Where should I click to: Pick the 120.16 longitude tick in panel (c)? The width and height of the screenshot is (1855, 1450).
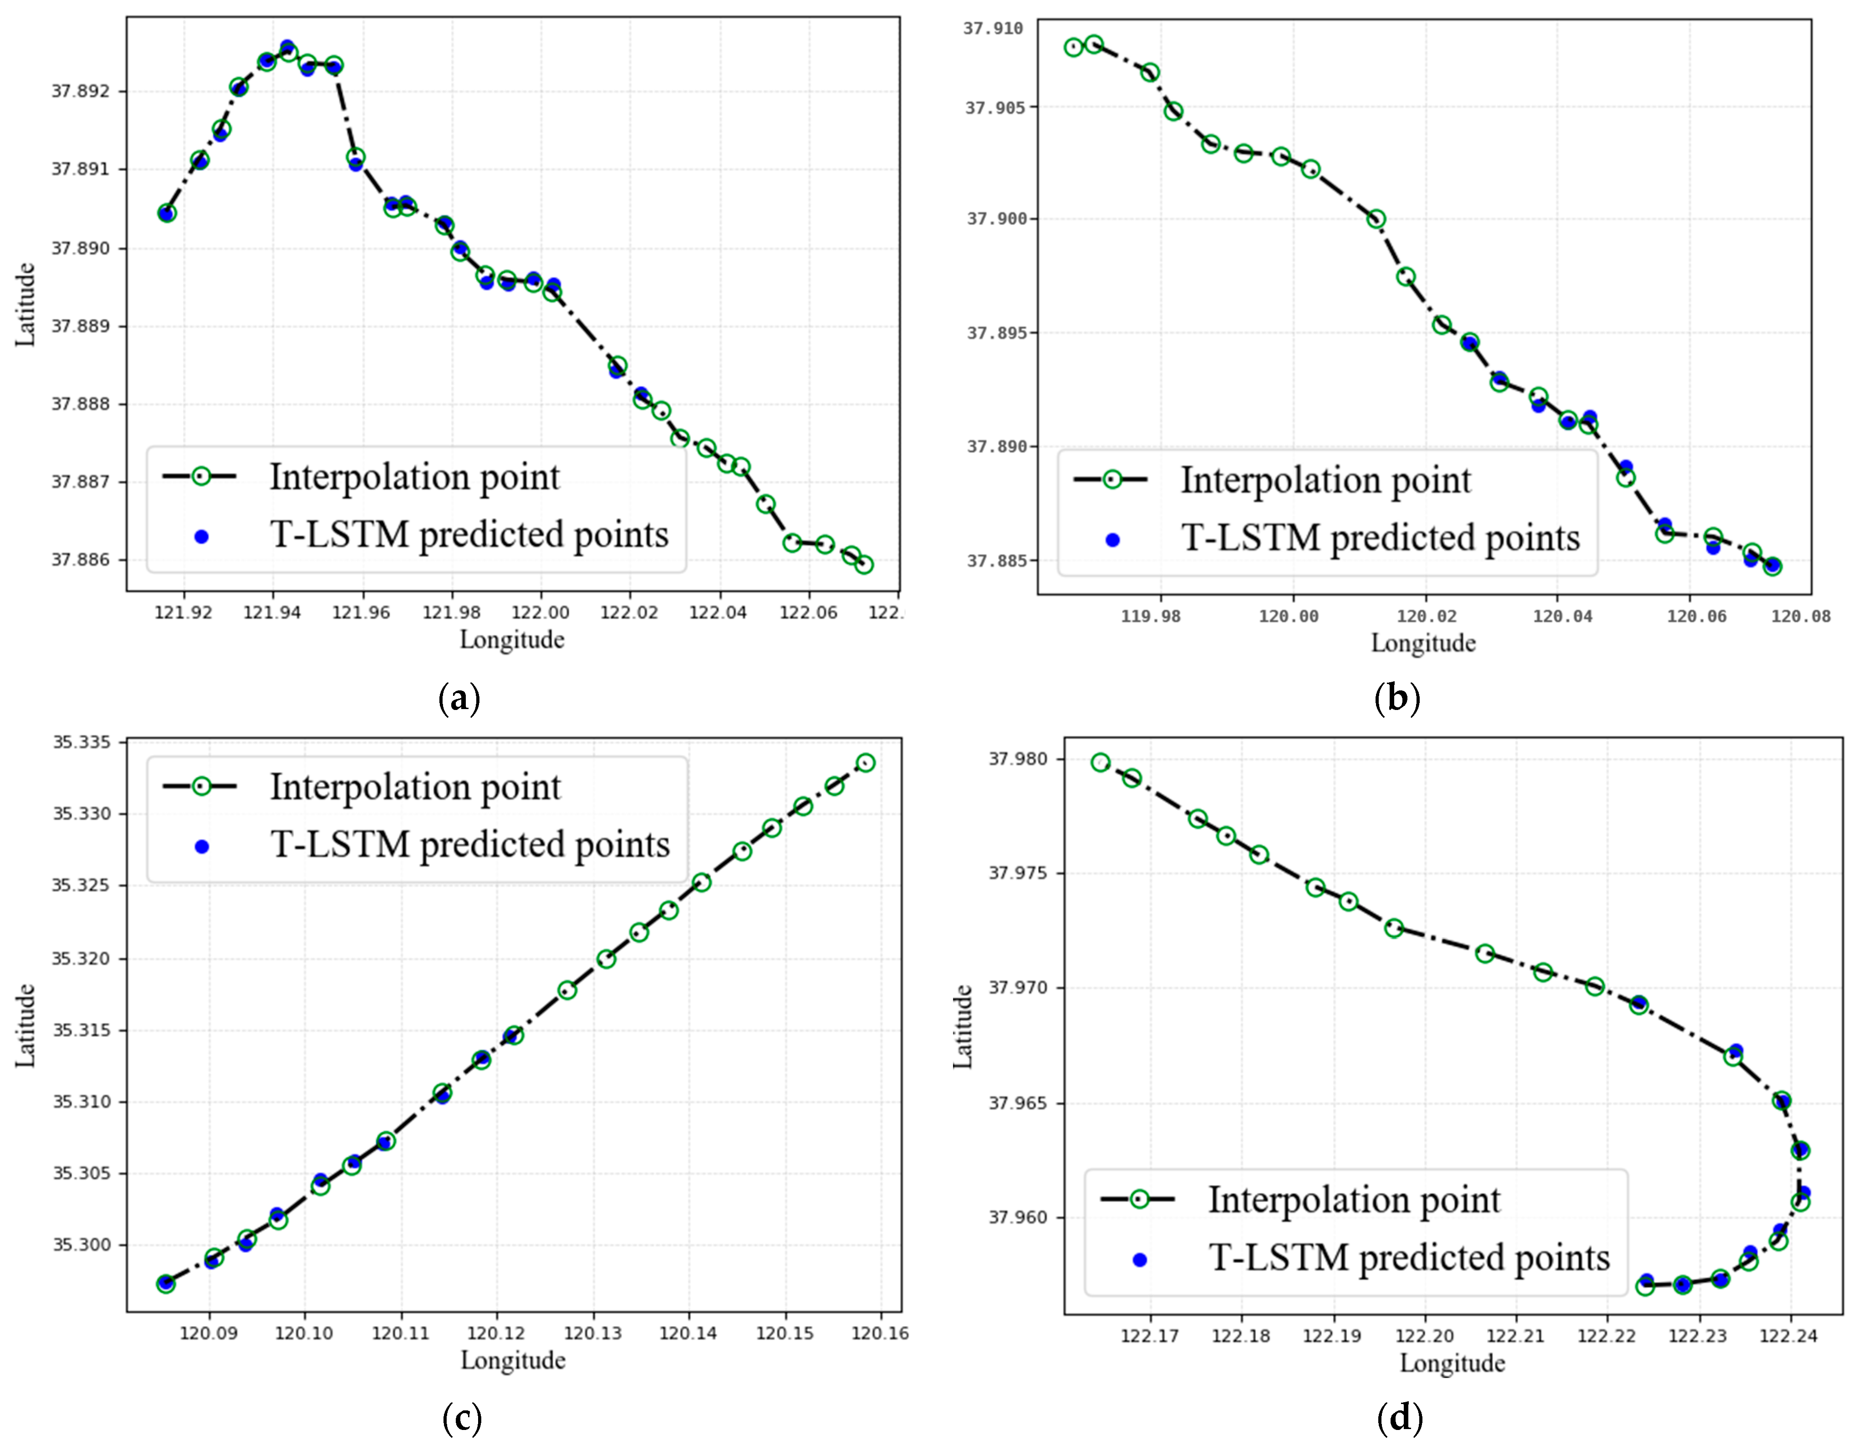click(880, 1333)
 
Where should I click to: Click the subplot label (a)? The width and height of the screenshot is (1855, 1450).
click(459, 698)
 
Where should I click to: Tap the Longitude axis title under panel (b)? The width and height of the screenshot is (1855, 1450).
click(1423, 643)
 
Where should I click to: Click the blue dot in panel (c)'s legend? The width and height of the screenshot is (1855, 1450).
click(201, 847)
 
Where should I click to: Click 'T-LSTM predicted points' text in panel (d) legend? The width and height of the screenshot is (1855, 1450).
click(1409, 1257)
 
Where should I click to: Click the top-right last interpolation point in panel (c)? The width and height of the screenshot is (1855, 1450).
click(866, 763)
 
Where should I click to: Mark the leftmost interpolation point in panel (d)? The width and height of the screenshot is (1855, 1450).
click(1101, 763)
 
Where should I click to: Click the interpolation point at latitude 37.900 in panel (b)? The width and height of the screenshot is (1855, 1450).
click(1376, 219)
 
